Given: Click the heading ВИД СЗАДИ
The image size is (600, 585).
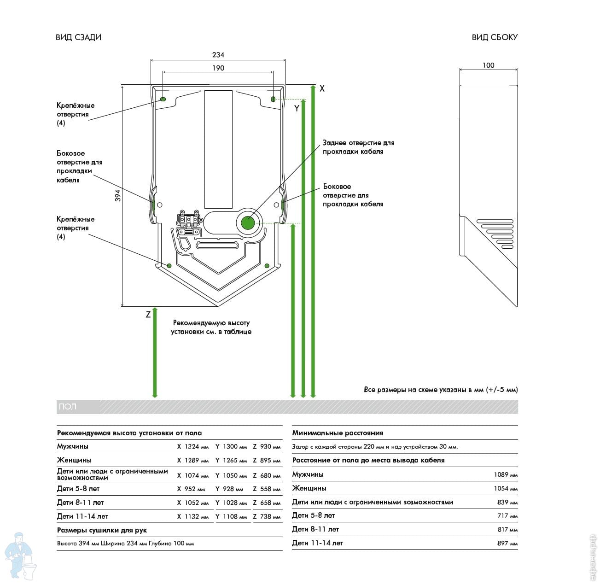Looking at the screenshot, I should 78,37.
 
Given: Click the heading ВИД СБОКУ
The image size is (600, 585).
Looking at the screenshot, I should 495,37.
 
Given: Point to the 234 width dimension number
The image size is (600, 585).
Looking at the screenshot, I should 218,55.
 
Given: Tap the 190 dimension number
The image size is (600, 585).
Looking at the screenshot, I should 218,68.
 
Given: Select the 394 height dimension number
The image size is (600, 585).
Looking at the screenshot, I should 118,195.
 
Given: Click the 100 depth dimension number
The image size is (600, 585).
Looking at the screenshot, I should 488,65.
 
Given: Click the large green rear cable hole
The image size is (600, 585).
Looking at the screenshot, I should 248,223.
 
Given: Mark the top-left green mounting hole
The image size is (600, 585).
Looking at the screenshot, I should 163,99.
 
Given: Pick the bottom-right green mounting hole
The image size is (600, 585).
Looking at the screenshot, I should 267,265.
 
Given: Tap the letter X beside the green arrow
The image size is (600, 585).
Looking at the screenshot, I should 322,88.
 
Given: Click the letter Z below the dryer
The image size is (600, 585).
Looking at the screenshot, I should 148,315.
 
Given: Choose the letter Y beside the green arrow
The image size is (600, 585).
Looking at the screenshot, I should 297,109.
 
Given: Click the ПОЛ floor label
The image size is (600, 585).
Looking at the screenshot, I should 67,407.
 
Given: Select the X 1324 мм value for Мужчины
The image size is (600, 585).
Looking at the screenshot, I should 193,447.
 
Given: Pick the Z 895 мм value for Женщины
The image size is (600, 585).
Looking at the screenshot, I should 267,461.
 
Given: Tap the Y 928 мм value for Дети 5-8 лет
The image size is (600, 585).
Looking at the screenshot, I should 231,489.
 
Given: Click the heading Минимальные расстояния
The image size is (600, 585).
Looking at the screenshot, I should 338,433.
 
